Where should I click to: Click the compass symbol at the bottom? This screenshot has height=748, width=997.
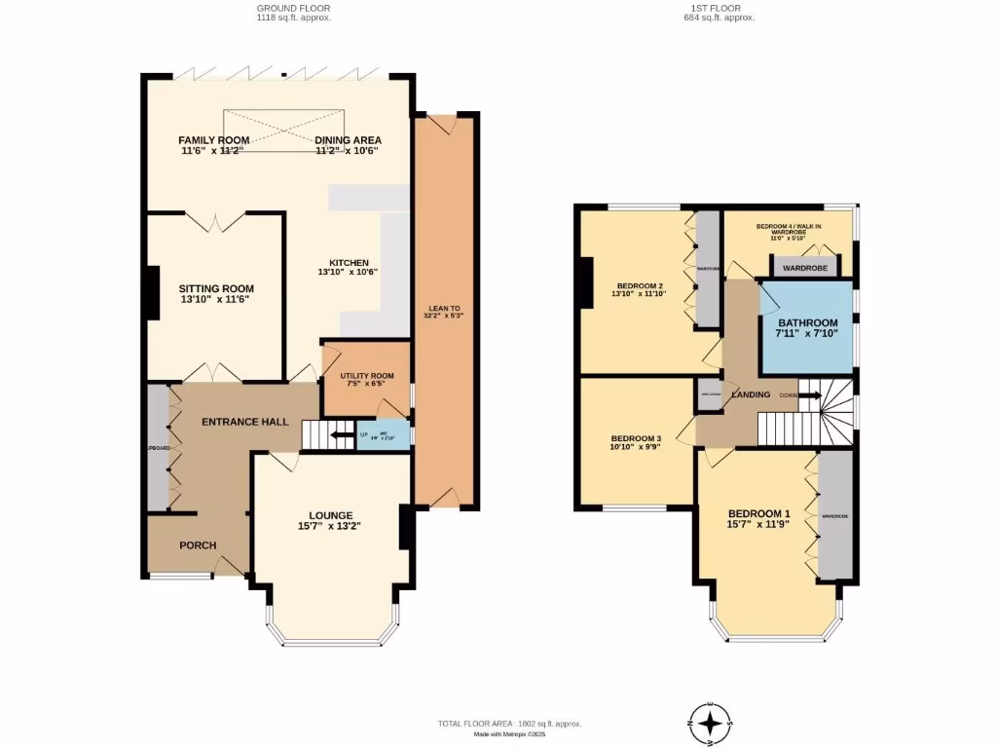click(x=713, y=723)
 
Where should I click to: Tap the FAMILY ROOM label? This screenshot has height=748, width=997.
click(x=213, y=140)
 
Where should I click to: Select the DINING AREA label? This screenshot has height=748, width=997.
click(x=348, y=140)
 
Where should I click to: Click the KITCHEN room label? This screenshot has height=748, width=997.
click(x=349, y=263)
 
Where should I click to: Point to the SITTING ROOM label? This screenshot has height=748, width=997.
click(x=216, y=288)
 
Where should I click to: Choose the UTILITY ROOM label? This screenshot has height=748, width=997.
click(x=366, y=376)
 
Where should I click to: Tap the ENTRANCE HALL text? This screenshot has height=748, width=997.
click(x=244, y=422)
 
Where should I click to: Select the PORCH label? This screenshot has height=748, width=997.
click(x=198, y=545)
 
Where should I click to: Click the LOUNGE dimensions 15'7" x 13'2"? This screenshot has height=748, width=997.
click(x=331, y=527)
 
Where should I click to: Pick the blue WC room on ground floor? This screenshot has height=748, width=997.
click(x=382, y=435)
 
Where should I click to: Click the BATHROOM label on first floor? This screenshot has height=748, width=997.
click(x=807, y=323)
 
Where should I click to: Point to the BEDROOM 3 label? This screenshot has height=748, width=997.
click(x=637, y=438)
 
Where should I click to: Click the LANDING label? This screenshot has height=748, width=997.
click(x=751, y=394)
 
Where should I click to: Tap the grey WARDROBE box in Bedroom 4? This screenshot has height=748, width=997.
click(x=805, y=267)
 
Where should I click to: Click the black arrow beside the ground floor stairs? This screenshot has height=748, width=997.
click(x=341, y=435)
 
